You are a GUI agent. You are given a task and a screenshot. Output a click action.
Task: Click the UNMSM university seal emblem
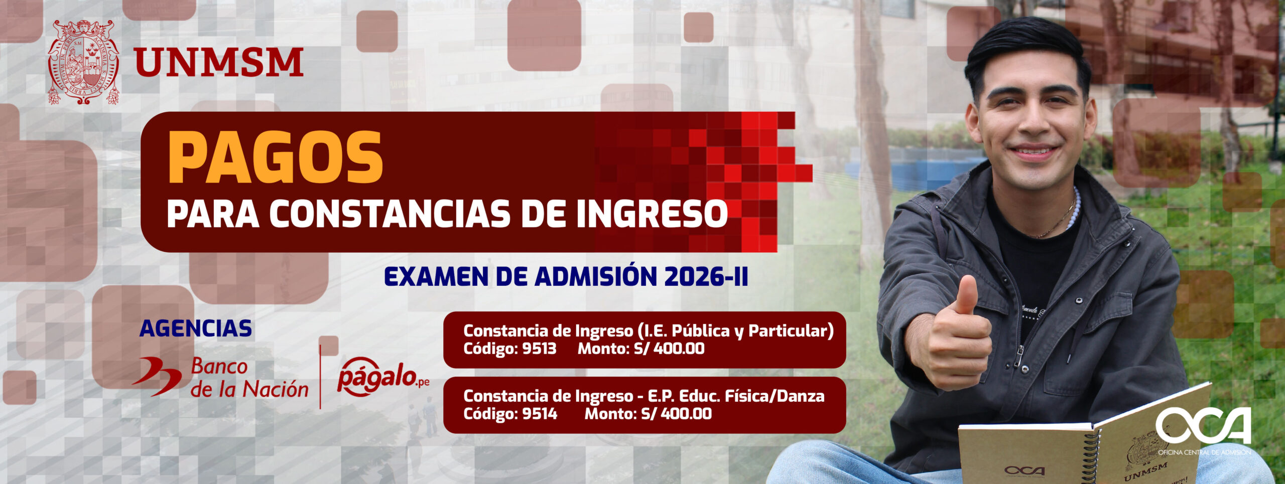coord(83,62)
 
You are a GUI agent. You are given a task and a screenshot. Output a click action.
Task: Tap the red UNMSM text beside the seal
coord(218,63)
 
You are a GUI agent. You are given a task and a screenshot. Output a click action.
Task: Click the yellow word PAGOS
coord(276,158)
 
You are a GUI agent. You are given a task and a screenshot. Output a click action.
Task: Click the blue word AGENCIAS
coord(196,329)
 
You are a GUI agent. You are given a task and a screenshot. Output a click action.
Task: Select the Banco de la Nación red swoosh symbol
coord(157,376)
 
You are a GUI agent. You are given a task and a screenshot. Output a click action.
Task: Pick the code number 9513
coord(539,349)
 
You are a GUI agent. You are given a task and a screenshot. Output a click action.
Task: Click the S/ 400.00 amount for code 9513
coord(669,349)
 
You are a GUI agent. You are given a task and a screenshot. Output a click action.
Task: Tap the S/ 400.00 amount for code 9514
coord(676,414)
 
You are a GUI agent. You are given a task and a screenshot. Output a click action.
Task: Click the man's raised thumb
coord(966,296)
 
